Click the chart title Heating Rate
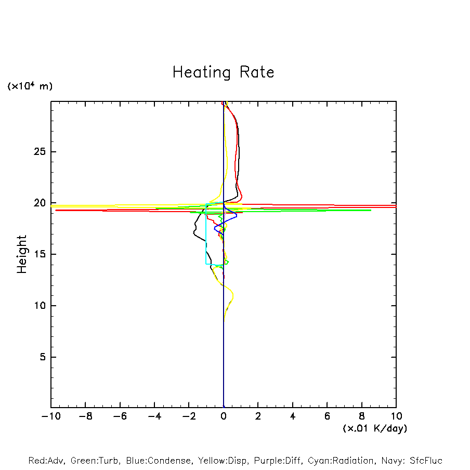click(223, 72)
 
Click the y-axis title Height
click(22, 254)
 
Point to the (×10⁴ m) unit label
click(30, 86)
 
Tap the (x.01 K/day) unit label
click(374, 428)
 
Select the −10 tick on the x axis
click(51, 416)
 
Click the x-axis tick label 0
click(224, 416)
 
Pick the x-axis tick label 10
click(396, 416)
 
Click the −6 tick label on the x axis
click(120, 416)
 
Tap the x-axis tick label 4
click(293, 416)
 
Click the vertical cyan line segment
click(206, 239)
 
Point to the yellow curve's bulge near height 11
click(232, 296)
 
